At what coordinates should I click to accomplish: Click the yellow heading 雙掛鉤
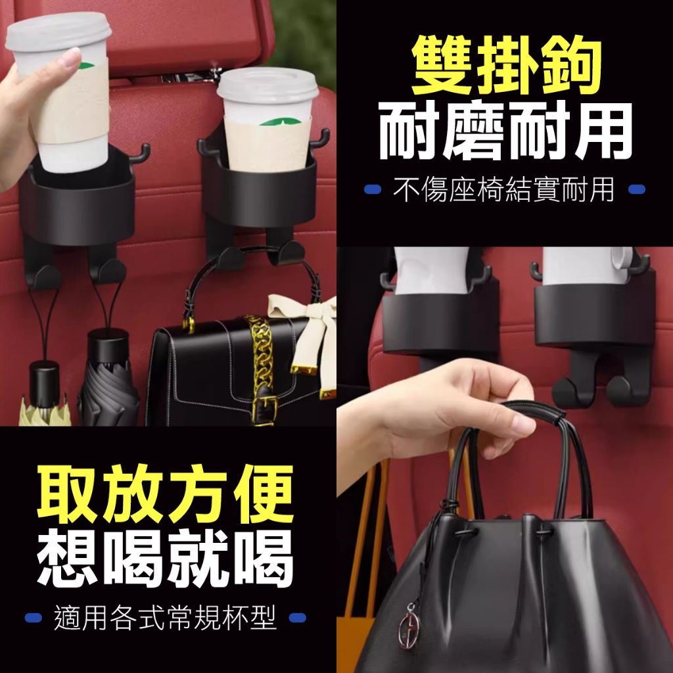(x=506, y=65)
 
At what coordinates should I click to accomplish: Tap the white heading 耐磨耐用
(x=506, y=131)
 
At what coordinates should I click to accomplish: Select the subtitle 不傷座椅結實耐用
(x=504, y=189)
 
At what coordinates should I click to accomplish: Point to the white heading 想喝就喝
(x=165, y=559)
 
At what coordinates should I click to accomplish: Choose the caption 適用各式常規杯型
(x=165, y=618)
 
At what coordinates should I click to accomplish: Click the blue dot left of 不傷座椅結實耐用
(x=373, y=189)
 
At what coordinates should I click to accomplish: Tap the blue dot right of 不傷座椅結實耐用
(x=636, y=189)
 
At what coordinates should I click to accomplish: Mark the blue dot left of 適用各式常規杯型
(x=33, y=618)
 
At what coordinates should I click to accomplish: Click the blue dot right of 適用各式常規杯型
(x=298, y=618)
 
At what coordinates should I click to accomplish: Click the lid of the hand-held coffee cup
(x=58, y=32)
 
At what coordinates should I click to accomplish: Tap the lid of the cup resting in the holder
(x=267, y=85)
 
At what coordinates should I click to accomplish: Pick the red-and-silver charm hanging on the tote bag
(x=408, y=626)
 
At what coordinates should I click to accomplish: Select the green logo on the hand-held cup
(x=86, y=66)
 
